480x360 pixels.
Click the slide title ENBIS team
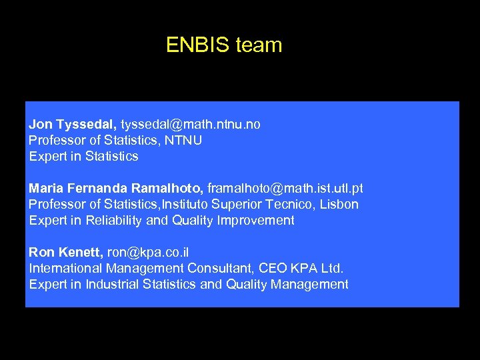pos(224,45)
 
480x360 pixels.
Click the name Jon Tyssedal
pos(73,125)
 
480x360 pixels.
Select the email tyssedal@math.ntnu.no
pos(191,125)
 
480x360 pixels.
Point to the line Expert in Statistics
pos(83,157)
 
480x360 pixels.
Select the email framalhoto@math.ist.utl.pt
pos(285,189)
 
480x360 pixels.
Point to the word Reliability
pos(108,221)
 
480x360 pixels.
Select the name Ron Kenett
pos(65,253)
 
